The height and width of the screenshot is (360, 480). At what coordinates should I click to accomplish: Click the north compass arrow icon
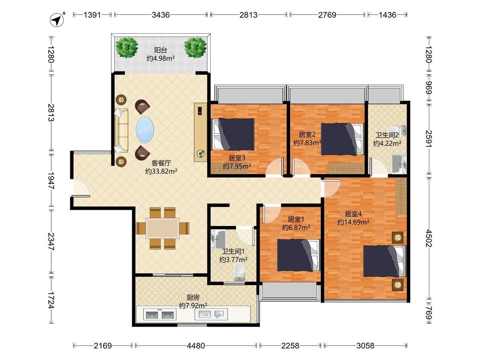(x=57, y=20)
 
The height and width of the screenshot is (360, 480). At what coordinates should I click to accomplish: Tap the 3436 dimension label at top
(x=160, y=15)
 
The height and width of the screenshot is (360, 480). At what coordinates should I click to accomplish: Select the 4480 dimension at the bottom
(x=195, y=346)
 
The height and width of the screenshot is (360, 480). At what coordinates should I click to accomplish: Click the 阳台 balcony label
(x=160, y=50)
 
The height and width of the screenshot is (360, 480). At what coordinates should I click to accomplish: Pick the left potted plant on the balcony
(x=127, y=47)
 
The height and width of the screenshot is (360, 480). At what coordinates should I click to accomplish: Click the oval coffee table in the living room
(x=145, y=130)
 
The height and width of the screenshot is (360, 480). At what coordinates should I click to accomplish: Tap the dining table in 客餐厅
(x=162, y=228)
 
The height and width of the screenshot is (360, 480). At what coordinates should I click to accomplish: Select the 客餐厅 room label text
(x=161, y=163)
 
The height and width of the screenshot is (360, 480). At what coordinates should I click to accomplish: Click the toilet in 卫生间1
(x=239, y=272)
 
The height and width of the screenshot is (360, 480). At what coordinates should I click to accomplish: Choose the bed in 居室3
(x=233, y=134)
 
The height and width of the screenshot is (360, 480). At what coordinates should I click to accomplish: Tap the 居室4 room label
(x=353, y=214)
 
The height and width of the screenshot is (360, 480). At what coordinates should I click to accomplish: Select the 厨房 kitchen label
(x=193, y=297)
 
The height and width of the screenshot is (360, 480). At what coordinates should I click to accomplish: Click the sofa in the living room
(x=122, y=130)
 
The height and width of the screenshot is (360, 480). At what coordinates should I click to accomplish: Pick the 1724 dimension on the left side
(x=51, y=300)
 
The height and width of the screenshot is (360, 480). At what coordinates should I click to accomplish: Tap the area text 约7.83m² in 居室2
(x=307, y=142)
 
